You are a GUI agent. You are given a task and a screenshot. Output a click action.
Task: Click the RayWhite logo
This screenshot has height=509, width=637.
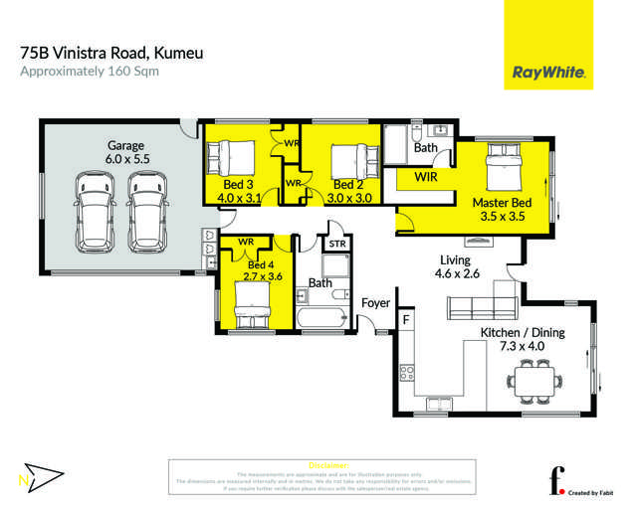[547, 73]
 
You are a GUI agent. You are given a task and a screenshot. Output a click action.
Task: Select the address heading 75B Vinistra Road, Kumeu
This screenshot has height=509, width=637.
[111, 52]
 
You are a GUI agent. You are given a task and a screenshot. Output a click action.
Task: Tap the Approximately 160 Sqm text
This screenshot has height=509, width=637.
[89, 72]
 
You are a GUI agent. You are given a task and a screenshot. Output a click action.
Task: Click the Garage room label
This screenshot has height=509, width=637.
[126, 145]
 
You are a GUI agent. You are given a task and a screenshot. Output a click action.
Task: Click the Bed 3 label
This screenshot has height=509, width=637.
[237, 185]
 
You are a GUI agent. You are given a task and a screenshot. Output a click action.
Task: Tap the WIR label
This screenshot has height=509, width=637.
[425, 177]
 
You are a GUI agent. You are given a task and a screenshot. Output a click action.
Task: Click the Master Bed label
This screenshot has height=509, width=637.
[502, 203]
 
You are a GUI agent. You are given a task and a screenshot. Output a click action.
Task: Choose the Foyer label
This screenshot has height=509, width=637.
[375, 302]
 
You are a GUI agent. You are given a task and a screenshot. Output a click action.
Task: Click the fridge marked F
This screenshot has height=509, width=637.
[406, 320]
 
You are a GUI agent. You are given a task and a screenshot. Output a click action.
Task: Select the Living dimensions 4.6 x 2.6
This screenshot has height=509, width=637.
[461, 274]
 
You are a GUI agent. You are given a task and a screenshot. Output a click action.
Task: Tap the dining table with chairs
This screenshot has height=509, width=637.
[532, 377]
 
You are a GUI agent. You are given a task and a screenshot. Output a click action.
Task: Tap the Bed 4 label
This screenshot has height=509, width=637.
[261, 264]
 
